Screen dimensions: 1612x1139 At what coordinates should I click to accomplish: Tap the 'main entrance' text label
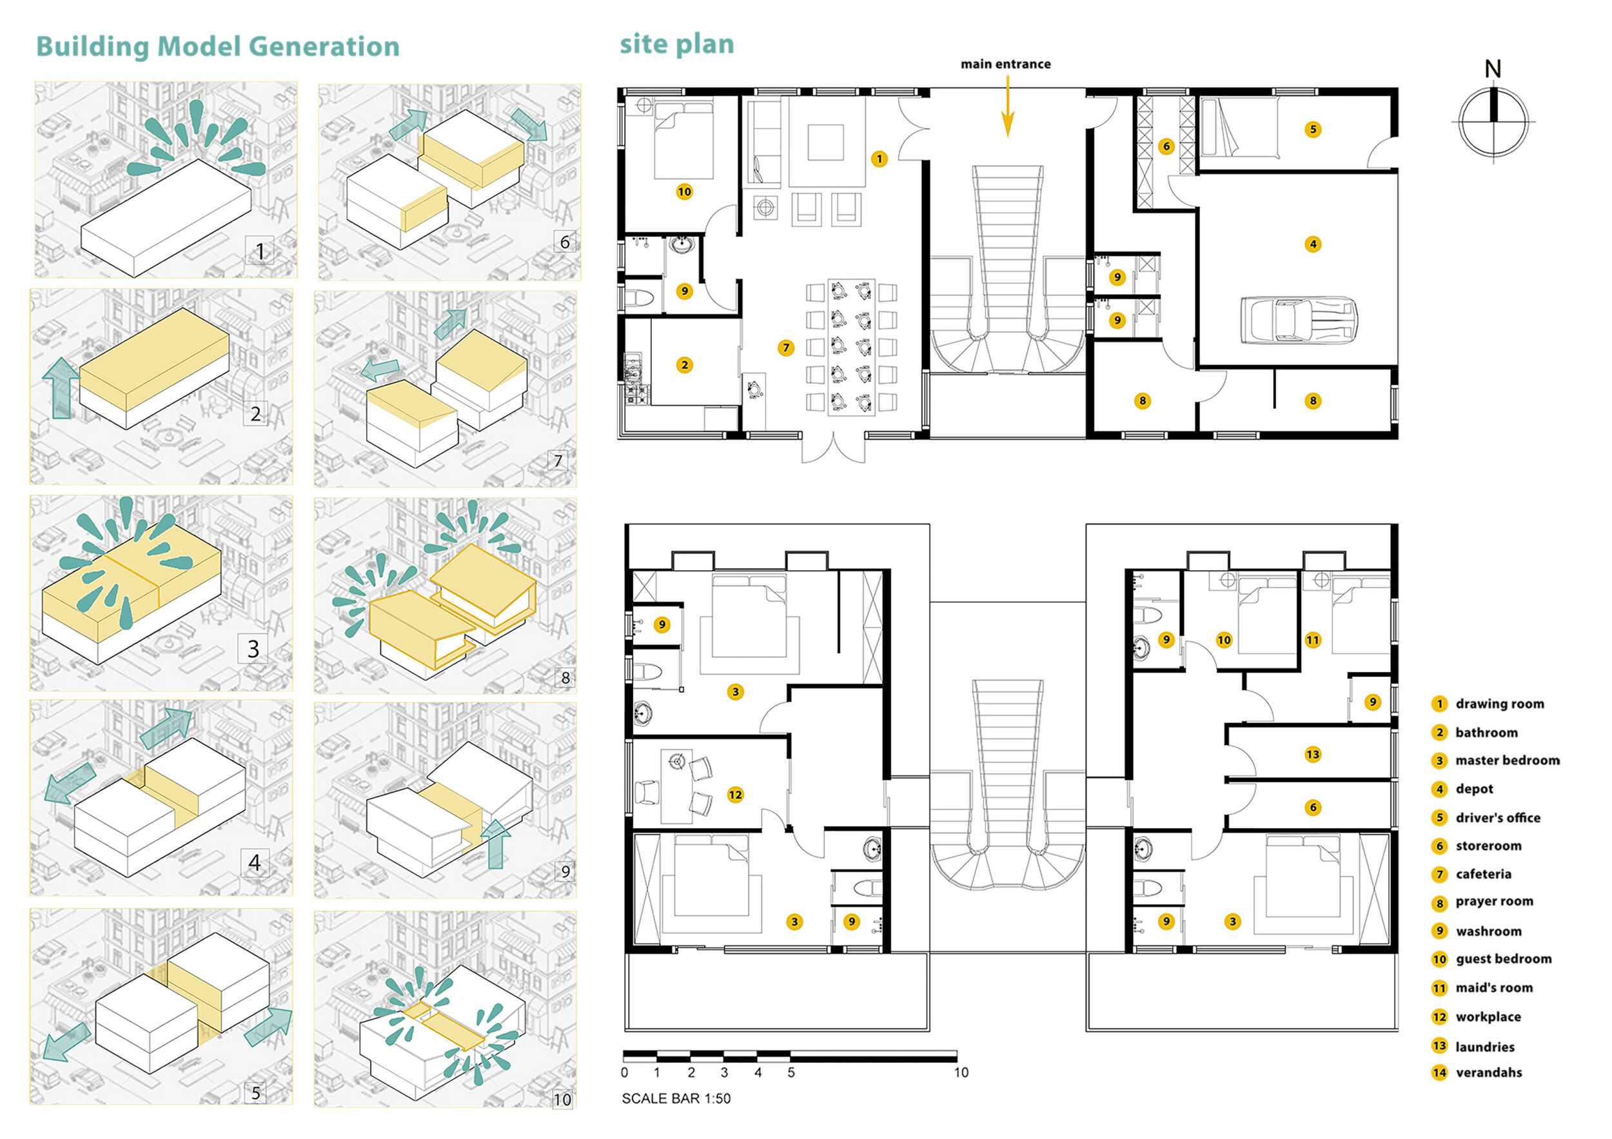(x=1005, y=64)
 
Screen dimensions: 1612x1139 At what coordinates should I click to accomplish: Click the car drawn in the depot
(x=1298, y=320)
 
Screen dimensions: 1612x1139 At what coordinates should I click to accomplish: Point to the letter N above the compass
(x=1493, y=69)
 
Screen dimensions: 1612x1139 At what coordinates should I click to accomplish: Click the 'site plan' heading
(x=677, y=45)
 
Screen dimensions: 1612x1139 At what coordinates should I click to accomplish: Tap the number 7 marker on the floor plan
(x=787, y=348)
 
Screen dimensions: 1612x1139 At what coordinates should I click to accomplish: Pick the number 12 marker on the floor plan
(x=735, y=794)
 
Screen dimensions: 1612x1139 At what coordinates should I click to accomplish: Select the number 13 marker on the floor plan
(x=1312, y=754)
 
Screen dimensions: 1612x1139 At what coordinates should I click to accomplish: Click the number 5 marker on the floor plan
(x=1313, y=129)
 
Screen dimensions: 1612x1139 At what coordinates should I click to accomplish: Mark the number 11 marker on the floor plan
(x=1313, y=640)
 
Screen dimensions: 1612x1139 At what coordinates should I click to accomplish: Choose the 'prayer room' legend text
(x=1494, y=902)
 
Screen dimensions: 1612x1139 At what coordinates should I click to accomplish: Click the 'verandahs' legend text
(x=1488, y=1073)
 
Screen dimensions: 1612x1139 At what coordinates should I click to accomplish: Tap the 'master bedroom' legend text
(x=1508, y=760)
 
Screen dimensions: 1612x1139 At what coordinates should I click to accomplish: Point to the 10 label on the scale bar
(x=961, y=1073)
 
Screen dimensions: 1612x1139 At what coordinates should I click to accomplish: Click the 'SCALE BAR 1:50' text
(x=676, y=1098)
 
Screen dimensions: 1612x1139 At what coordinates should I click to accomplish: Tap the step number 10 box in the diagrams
(x=562, y=1099)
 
